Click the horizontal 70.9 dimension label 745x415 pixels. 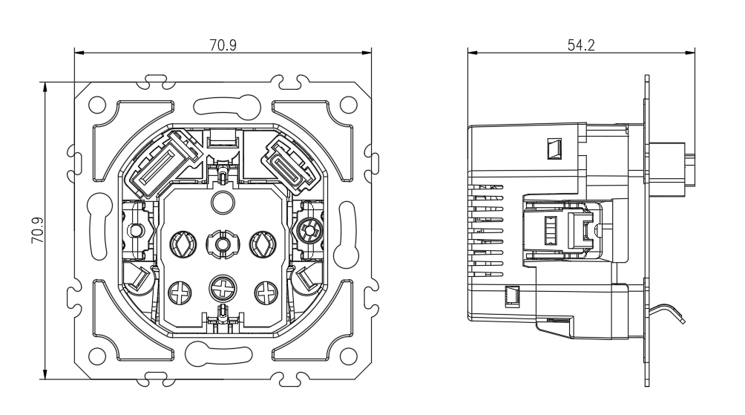(223, 45)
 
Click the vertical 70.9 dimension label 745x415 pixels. (38, 231)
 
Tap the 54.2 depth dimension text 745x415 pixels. (581, 45)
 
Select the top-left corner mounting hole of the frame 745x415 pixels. (97, 105)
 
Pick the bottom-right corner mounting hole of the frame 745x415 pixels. (349, 356)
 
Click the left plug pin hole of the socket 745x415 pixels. (183, 244)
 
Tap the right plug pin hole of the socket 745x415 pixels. (263, 244)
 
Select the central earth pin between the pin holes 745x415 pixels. (223, 244)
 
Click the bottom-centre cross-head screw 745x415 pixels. (223, 289)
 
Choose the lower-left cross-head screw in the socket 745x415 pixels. (180, 293)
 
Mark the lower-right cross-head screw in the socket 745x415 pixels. (266, 293)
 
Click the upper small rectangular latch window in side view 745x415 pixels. (554, 148)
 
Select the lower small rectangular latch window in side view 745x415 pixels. (512, 295)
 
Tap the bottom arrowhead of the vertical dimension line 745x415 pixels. (45, 375)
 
